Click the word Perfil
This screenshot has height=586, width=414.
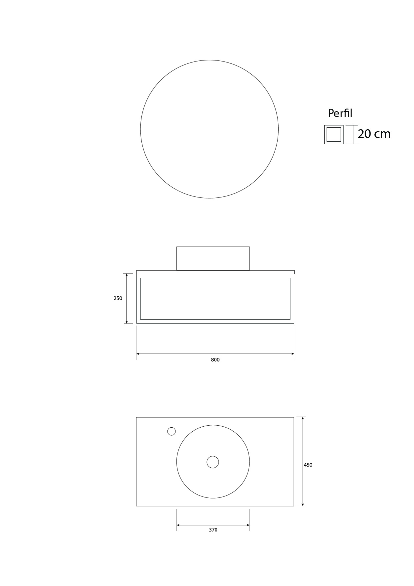340,113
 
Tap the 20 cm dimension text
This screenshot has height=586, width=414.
374,134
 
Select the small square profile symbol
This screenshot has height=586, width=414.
334,135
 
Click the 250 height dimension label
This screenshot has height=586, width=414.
118,298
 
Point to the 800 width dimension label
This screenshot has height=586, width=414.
215,360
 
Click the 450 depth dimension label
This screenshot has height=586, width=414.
308,465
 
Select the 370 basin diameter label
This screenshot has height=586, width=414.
213,530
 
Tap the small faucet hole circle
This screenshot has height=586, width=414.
171,431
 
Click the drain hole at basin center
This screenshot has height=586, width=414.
213,462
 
